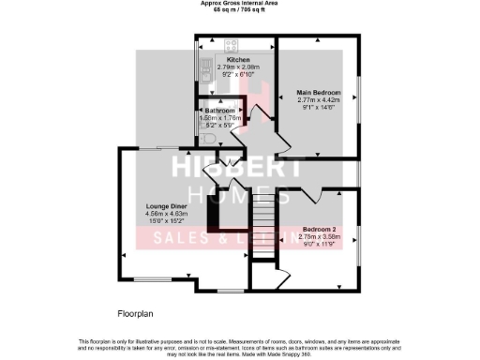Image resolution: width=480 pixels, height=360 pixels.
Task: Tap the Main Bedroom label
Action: (x=319, y=93)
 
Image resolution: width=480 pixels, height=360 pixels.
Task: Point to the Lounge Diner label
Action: (x=168, y=205)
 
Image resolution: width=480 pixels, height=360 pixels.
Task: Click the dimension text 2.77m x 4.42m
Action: (x=319, y=100)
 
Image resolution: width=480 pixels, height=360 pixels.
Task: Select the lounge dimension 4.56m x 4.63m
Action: (x=168, y=213)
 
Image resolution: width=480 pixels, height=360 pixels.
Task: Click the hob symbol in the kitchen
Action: (x=230, y=44)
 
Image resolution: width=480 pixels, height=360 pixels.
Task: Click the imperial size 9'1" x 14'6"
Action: (x=319, y=108)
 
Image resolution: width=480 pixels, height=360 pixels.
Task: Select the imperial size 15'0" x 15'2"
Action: (x=168, y=220)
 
